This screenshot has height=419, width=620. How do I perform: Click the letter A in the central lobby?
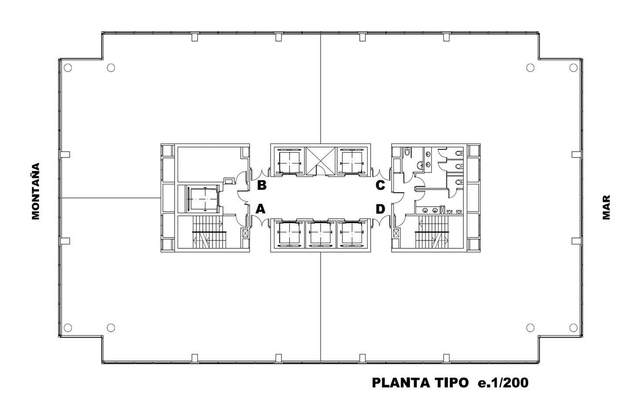(x=261, y=209)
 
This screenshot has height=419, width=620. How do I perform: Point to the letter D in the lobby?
(x=380, y=209)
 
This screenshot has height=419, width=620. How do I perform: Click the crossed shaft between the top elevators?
(x=320, y=161)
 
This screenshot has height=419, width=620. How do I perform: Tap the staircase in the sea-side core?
(x=431, y=232)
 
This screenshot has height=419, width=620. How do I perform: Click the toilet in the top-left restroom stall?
(x=407, y=152)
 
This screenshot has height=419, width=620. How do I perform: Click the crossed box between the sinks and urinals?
(x=442, y=210)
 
